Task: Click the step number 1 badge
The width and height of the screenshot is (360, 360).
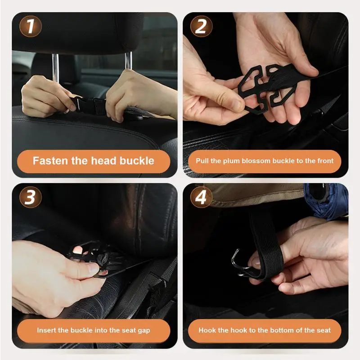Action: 30,26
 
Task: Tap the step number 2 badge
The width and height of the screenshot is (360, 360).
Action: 201,26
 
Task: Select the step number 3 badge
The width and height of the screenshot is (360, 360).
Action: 30,197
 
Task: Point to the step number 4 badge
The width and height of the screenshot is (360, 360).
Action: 201,197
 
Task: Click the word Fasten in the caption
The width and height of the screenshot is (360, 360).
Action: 50,161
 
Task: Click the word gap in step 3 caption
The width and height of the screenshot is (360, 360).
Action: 144,331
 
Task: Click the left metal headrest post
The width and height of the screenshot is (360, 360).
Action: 55,67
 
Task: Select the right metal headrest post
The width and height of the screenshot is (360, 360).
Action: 128,61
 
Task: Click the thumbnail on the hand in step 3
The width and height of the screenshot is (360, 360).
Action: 93,266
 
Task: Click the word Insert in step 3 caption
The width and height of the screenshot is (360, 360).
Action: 46,330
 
